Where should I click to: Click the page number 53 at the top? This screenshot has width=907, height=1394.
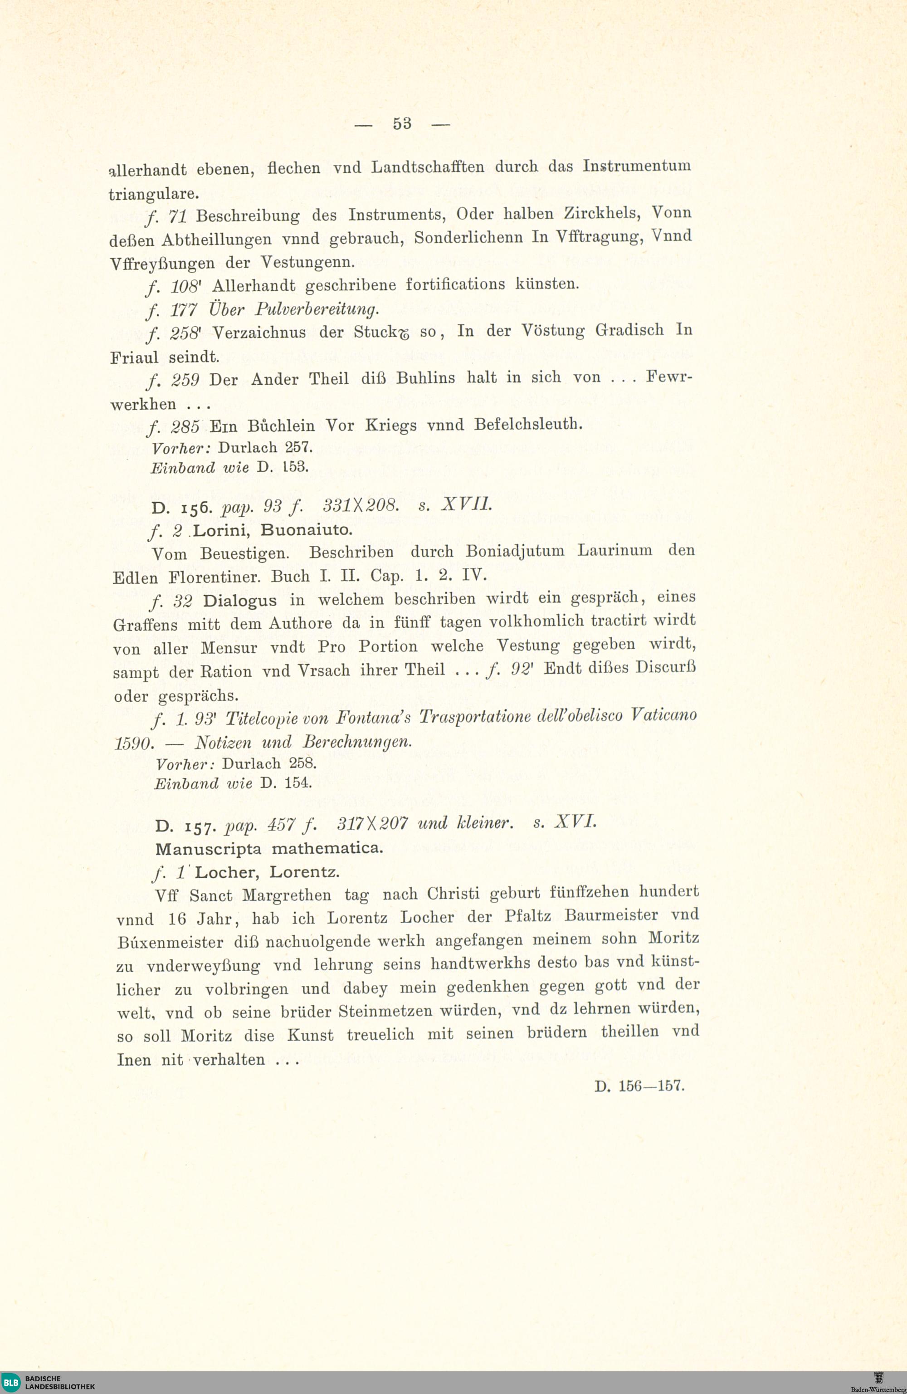(x=402, y=123)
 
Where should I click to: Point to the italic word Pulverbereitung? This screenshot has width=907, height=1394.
(x=317, y=308)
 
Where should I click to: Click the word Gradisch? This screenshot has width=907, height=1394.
(x=629, y=330)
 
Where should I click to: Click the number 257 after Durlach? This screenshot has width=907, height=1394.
(x=298, y=447)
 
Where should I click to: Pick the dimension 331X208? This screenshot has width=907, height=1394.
(x=361, y=505)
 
